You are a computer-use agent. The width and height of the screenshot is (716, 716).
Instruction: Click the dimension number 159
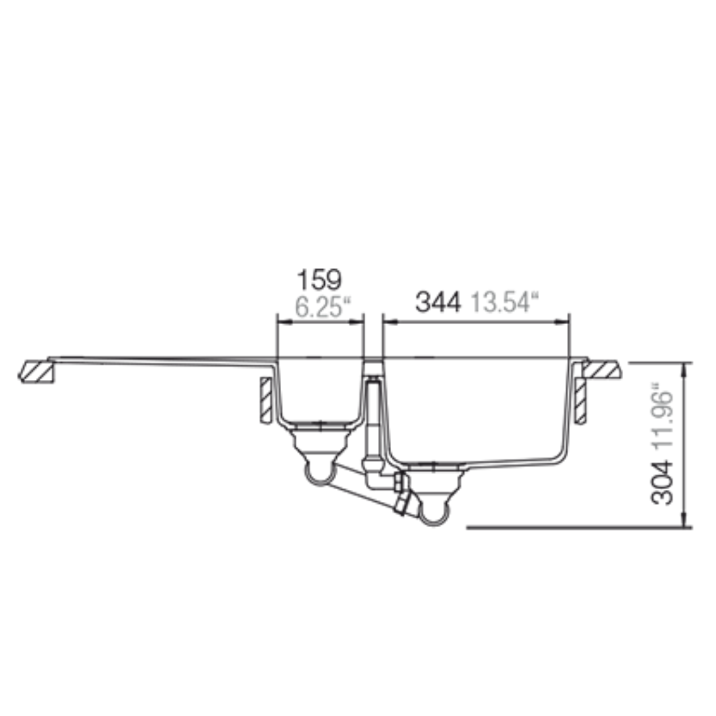click(x=319, y=280)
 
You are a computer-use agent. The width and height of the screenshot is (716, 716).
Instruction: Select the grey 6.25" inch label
click(x=324, y=306)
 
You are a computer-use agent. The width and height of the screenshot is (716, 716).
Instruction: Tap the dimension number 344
click(x=438, y=302)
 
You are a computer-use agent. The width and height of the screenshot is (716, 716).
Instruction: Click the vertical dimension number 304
click(x=662, y=483)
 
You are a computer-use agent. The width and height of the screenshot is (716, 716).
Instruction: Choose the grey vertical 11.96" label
click(x=662, y=418)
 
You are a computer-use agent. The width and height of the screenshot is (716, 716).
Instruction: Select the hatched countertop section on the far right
click(x=602, y=369)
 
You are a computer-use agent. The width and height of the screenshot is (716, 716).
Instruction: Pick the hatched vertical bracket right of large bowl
click(x=580, y=400)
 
